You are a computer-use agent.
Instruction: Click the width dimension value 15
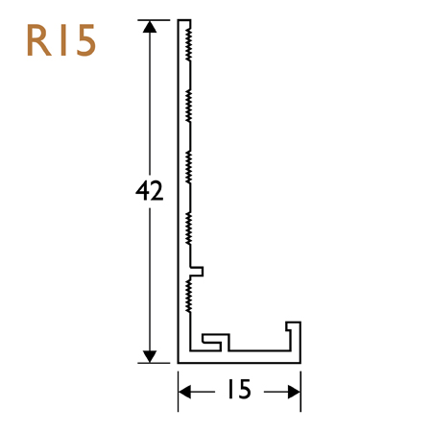[239, 390]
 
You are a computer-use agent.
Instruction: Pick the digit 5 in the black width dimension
[246, 390]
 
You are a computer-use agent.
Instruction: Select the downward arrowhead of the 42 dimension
[149, 355]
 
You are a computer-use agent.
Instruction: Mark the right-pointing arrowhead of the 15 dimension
[294, 390]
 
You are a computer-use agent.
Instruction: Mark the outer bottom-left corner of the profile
[180, 362]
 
